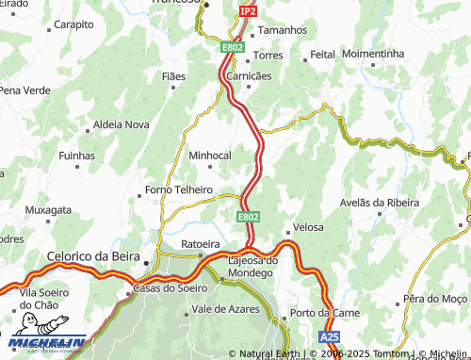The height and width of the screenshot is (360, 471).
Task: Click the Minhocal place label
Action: pos(210,155)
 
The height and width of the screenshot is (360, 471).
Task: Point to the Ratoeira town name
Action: pos(201,243)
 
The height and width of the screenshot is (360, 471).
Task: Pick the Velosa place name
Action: pos(308,227)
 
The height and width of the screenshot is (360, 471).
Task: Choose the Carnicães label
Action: pos(250,75)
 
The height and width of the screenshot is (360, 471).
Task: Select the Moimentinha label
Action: pos(373,55)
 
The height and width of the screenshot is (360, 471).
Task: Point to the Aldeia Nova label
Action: pos(122,124)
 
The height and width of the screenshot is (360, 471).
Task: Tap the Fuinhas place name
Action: pos(77,155)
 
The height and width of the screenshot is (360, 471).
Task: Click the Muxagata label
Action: pos(48,209)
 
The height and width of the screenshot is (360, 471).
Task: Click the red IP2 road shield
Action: pos(248,10)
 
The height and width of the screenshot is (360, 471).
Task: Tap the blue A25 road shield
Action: pos(329,336)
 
